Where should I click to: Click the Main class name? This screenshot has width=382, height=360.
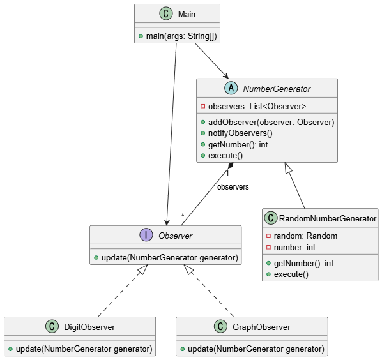click(x=187, y=14)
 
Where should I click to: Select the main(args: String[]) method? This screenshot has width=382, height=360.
click(x=181, y=36)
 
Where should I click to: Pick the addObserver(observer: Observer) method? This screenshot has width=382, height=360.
click(x=271, y=122)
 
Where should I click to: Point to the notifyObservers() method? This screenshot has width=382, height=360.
click(x=240, y=133)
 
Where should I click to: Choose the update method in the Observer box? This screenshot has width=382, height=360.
click(x=170, y=257)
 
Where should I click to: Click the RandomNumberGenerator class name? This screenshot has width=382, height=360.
click(x=328, y=218)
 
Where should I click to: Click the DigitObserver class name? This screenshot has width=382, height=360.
click(x=89, y=327)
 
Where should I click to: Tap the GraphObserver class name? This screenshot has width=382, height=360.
click(x=261, y=327)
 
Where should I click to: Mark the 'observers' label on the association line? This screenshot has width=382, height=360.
click(x=233, y=187)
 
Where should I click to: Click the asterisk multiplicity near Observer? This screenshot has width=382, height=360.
click(x=183, y=215)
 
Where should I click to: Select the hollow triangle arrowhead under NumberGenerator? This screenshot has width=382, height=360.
click(x=288, y=169)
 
